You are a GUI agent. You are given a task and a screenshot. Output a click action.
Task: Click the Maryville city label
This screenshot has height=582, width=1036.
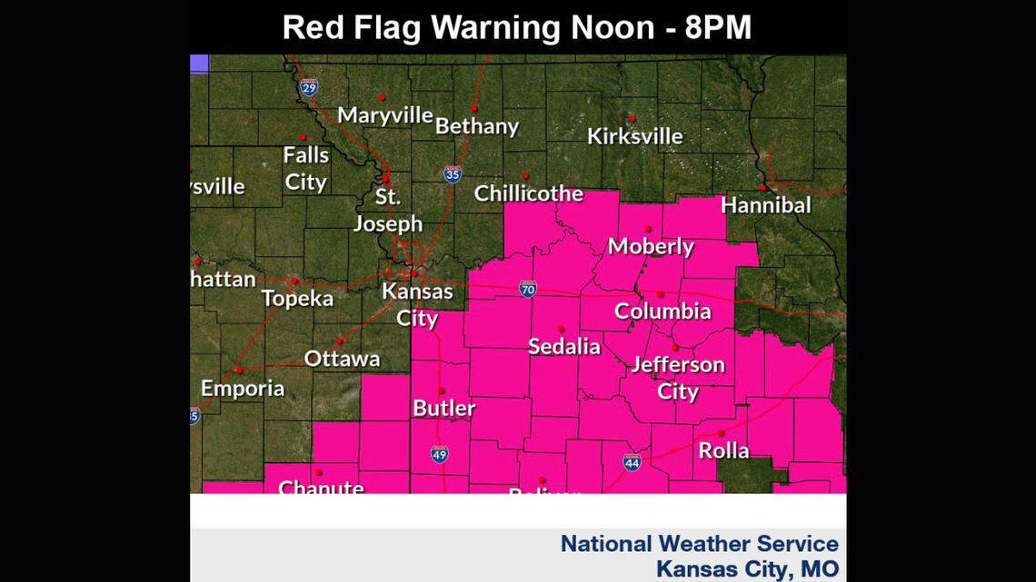coord(384,116)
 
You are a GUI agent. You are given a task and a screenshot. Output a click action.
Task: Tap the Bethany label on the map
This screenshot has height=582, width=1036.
coord(476,127)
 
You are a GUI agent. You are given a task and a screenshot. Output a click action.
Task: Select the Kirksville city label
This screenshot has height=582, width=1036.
coord(634,137)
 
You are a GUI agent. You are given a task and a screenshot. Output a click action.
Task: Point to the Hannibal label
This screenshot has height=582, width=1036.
coord(765,206)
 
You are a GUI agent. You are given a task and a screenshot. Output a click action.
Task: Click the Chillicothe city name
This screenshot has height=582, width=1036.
coord(528,193)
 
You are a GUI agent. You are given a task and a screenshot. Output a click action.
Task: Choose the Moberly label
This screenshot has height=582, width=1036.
coord(651,247)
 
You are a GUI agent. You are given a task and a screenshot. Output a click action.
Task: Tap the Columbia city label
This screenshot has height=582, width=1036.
coord(662,311)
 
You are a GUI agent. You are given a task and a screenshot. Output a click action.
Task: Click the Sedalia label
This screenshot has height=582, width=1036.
coord(564,347)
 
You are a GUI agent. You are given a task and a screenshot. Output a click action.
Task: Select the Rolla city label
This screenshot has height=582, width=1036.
coord(723,450)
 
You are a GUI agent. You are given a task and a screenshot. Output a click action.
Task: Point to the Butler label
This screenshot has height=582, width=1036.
coord(443,409)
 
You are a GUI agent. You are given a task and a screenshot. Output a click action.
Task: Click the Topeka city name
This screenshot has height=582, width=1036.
coord(297,299)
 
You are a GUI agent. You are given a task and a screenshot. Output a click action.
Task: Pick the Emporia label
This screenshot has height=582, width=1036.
coord(243,389)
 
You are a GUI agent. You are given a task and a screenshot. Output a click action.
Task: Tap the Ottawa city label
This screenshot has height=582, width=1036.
coord(342,359)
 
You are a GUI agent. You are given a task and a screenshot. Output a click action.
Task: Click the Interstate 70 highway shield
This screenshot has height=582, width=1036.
coord(528,290)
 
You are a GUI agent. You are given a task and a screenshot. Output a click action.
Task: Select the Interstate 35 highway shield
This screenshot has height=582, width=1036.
coord(453,174)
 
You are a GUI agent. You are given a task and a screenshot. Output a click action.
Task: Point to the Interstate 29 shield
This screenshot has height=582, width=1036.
coord(309,88)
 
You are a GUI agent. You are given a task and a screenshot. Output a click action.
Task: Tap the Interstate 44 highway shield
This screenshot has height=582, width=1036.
coord(633,463)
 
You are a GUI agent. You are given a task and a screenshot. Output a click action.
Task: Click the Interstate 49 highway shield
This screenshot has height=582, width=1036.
coord(439,455)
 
